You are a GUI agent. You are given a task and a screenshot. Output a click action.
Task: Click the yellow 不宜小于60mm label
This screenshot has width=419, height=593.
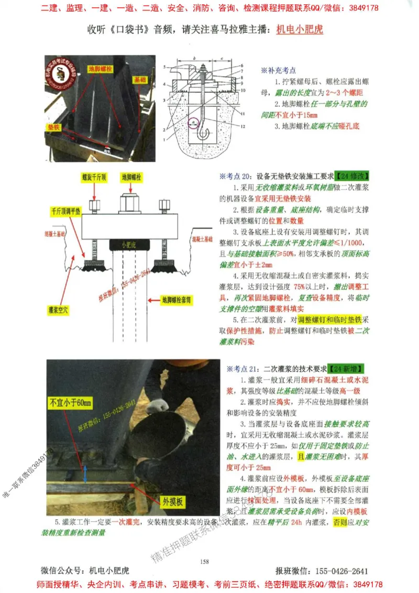70,403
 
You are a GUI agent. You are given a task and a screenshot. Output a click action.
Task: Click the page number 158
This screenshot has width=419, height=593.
205,562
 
